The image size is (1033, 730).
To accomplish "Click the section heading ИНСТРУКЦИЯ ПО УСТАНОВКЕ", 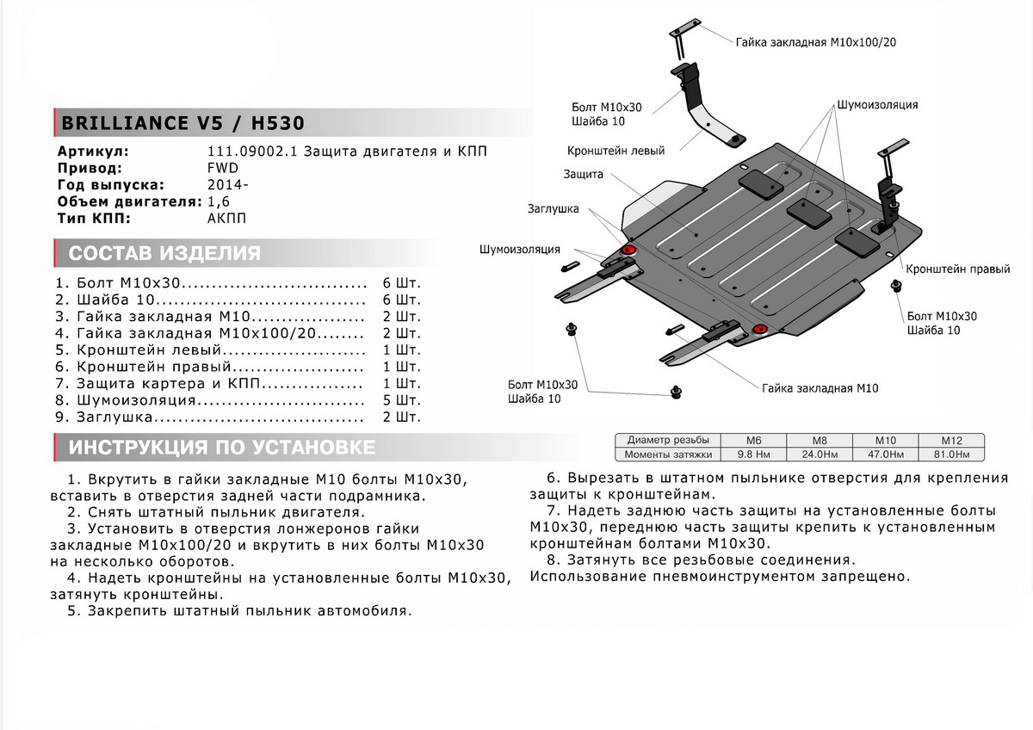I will pos(221,448).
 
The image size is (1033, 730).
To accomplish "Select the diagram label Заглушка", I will pos(554,208).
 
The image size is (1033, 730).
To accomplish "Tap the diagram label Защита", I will pos(583,174).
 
